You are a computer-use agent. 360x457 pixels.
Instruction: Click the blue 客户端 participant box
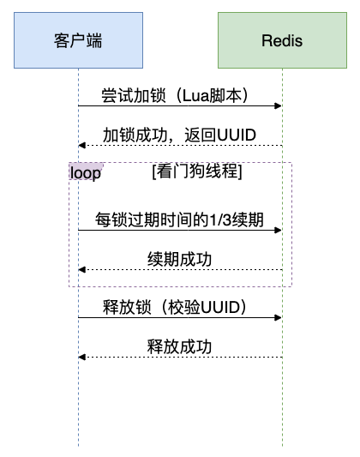click(x=78, y=40)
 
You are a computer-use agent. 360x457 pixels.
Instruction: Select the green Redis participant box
click(x=283, y=40)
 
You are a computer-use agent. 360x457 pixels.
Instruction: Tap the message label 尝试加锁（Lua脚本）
click(x=180, y=96)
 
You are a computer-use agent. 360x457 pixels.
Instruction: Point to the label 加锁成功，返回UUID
click(x=180, y=135)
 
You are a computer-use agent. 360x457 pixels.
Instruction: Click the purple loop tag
click(x=86, y=172)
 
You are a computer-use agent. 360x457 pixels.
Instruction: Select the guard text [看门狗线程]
click(x=196, y=171)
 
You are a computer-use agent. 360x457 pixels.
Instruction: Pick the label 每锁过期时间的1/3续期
click(x=180, y=220)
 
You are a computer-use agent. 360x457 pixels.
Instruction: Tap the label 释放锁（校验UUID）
click(x=180, y=307)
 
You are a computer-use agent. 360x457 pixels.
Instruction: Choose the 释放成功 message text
click(x=180, y=346)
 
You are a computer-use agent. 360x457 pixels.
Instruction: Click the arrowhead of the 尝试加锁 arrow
click(x=279, y=105)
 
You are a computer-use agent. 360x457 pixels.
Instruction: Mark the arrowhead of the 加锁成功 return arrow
click(x=81, y=145)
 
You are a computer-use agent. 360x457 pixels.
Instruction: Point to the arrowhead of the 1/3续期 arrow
click(x=279, y=230)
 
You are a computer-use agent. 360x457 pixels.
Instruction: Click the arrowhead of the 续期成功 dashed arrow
click(x=81, y=270)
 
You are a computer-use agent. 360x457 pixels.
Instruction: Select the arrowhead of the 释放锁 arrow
click(x=279, y=317)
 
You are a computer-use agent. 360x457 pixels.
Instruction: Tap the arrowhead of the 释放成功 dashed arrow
click(x=81, y=357)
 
